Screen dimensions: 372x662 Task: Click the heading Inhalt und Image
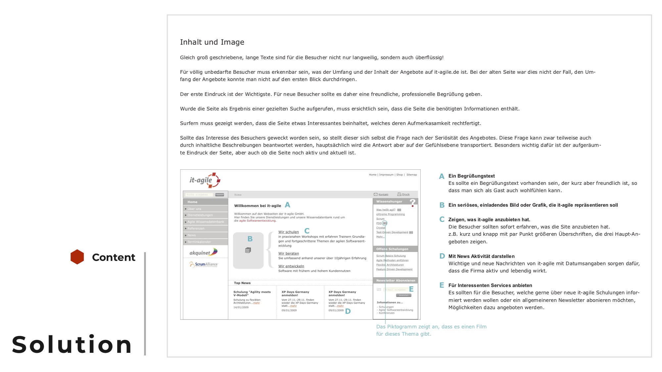tap(212, 42)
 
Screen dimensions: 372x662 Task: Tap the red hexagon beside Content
tap(77, 257)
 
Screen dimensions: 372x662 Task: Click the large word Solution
tap(72, 345)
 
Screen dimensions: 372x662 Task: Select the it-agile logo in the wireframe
tap(205, 180)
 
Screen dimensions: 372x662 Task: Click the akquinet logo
tap(203, 253)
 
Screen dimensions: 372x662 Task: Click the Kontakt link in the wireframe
tap(383, 194)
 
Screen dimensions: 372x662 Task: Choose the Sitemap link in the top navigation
tap(411, 175)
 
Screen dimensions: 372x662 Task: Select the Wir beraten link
tap(289, 254)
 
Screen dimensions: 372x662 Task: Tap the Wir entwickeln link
tap(291, 266)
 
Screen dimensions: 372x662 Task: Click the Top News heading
tap(242, 283)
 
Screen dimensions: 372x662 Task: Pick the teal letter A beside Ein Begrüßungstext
tap(442, 177)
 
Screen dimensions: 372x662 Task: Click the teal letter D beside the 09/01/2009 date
tap(348, 311)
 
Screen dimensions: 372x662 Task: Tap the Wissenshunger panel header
tap(390, 201)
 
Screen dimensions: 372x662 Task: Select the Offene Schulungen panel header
tap(392, 249)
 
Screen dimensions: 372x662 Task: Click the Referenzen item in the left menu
tap(196, 228)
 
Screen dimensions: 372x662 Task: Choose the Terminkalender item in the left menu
tap(199, 242)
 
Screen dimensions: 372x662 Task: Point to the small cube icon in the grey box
tap(248, 250)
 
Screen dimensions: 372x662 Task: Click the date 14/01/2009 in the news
tap(241, 308)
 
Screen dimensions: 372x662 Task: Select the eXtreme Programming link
tap(391, 214)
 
